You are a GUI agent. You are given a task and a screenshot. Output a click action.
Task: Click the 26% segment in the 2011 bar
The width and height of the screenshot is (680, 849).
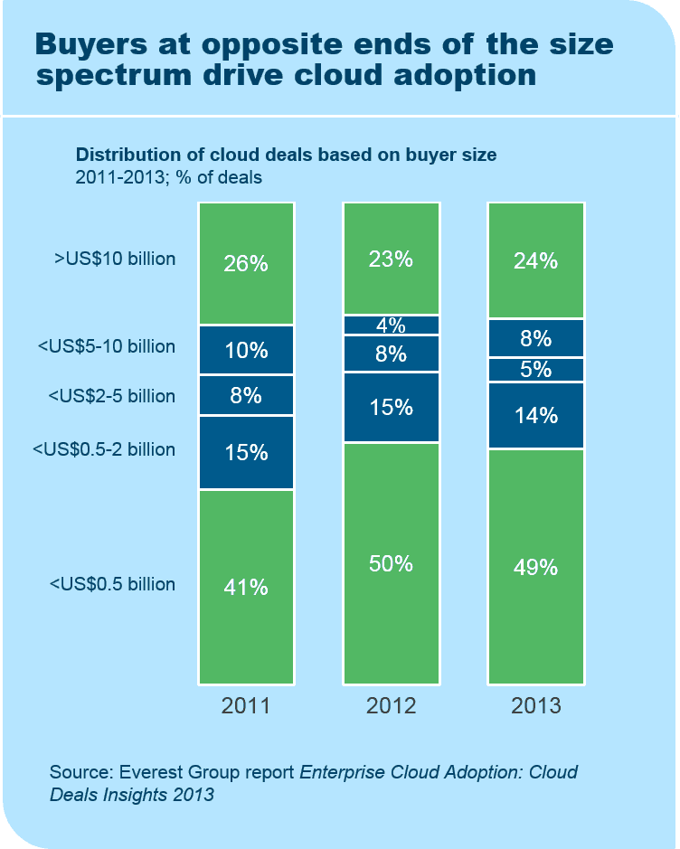point(246,264)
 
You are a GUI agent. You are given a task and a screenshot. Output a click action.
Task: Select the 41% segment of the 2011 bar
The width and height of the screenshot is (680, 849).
point(246,587)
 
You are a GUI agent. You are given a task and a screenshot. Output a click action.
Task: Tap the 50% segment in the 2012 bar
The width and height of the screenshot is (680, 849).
point(391,563)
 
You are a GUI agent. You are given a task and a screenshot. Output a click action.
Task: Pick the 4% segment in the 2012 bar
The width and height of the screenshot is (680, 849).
point(391,325)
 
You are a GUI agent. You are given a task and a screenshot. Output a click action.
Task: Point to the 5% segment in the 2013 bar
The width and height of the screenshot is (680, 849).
point(536,370)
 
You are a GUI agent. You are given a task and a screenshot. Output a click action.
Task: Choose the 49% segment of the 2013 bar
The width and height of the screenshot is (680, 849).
point(536,567)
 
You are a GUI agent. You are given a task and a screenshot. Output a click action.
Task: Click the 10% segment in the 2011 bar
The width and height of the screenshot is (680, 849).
point(246,350)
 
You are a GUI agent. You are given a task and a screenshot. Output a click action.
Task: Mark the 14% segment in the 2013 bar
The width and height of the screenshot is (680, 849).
point(536,416)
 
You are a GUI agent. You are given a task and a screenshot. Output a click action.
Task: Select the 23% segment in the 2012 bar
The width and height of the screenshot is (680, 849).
point(391,259)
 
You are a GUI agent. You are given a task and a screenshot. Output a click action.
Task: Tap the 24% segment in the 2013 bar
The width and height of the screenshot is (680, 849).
point(536,260)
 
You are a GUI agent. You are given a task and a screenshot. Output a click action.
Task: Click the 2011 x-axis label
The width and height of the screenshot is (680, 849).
point(246,706)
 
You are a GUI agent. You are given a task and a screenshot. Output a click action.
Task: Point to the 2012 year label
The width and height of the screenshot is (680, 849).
point(391,706)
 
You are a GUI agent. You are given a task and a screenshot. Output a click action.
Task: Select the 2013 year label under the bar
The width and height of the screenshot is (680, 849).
point(536,706)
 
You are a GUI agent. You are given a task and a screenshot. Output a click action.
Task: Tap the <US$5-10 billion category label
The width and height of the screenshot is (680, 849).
point(107,346)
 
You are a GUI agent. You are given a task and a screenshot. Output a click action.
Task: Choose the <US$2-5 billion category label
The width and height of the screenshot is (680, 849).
point(111,396)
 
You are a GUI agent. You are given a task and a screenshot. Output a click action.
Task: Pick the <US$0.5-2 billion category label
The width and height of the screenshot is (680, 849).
point(103,449)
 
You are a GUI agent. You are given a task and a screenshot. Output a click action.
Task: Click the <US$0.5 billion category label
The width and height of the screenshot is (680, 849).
point(112,584)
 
